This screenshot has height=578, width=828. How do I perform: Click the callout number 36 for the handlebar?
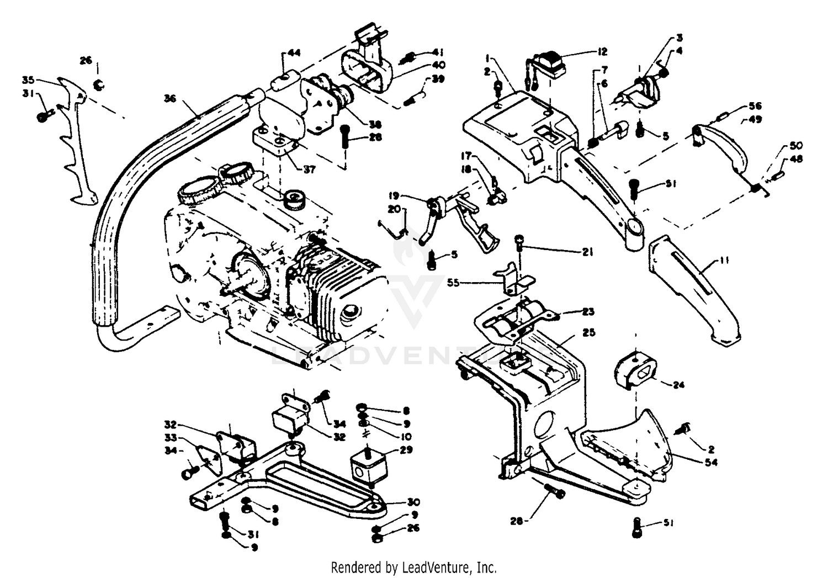170,98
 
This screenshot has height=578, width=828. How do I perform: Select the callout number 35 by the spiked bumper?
29,79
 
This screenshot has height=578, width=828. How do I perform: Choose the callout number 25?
588,333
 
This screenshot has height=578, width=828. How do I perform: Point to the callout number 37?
309,169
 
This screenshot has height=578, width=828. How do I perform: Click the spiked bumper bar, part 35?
77,144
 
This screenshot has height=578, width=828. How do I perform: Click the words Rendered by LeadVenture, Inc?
413,567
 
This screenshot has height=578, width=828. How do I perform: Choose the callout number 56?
755,106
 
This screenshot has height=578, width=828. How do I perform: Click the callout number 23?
588,312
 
